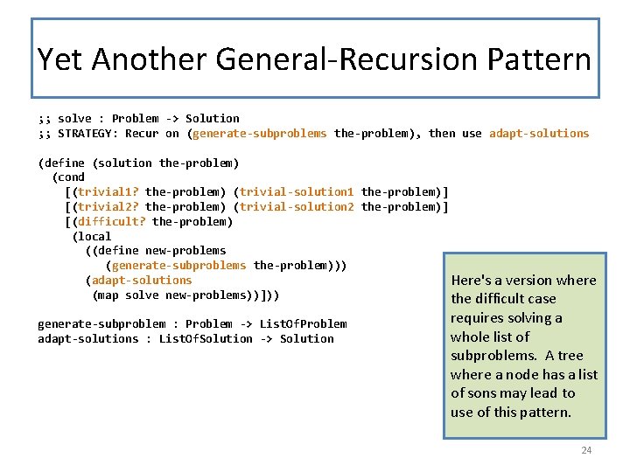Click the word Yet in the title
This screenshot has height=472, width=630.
pyautogui.click(x=60, y=59)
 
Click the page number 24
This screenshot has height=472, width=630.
pyautogui.click(x=586, y=450)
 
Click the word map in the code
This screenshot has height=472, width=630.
pyautogui.click(x=108, y=295)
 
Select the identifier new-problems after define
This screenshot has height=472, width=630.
pyautogui.click(x=185, y=251)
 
